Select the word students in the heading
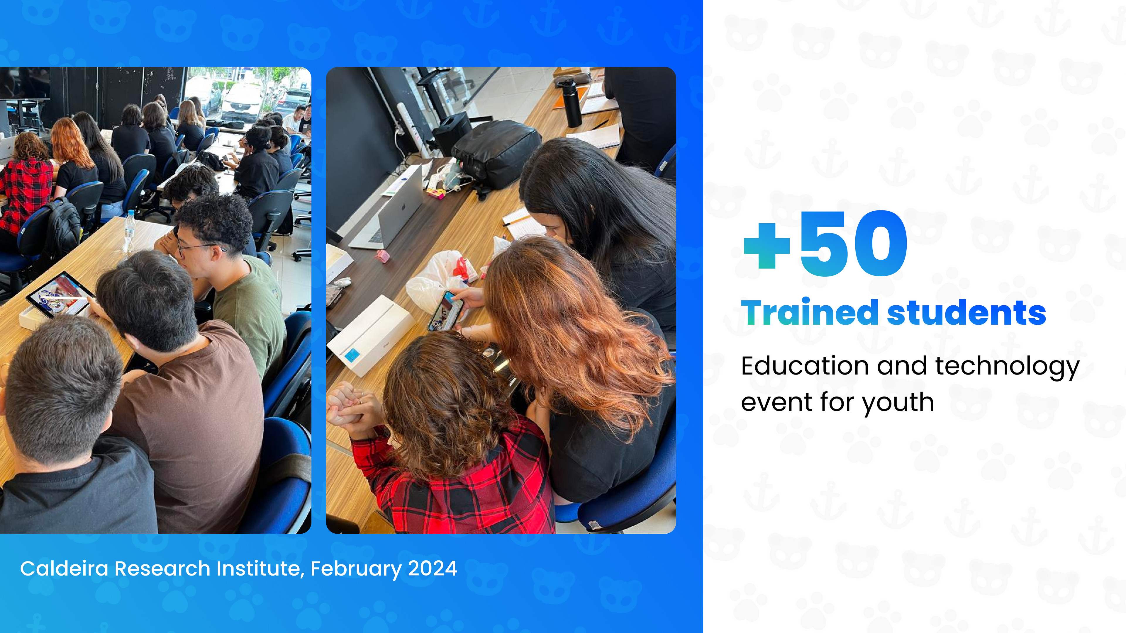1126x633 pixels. (x=966, y=312)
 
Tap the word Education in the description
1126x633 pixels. (x=805, y=366)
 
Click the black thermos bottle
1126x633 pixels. (x=570, y=103)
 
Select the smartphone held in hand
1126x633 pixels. (x=445, y=311)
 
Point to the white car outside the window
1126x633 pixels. (x=242, y=103)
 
